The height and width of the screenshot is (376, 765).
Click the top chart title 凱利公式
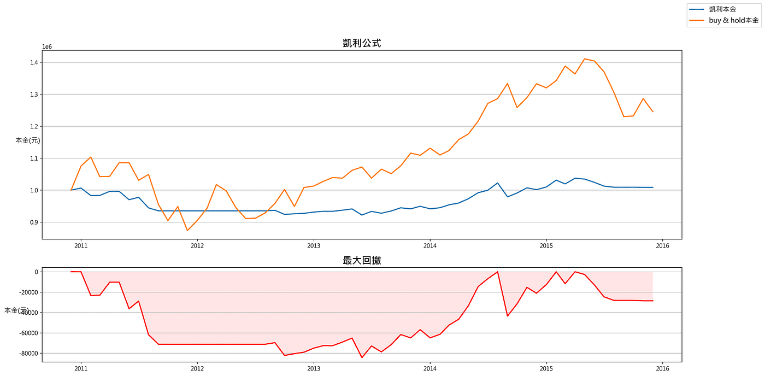362,43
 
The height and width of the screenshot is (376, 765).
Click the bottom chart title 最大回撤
362,260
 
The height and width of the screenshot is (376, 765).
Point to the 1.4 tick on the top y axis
33,62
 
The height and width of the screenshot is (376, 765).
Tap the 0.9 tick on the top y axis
33,222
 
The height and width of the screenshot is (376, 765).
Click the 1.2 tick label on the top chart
33,126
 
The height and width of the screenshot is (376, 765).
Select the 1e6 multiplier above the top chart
47,47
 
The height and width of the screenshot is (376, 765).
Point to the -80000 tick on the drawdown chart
27,354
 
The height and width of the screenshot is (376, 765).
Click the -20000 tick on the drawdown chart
27,292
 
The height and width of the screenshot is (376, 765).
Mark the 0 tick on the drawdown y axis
36,272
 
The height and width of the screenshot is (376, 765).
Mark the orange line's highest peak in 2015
585,58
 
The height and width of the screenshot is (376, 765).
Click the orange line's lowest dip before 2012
187,231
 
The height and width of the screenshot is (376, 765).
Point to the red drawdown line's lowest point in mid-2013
362,357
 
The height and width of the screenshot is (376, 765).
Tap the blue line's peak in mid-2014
497,183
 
